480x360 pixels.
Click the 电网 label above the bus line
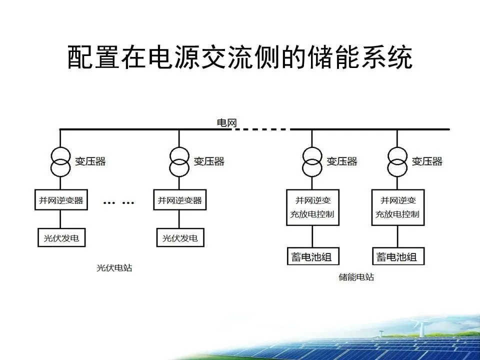226,123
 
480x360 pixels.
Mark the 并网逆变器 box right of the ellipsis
179,200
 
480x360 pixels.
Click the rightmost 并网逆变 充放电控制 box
397,207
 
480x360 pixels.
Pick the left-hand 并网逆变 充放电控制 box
312,207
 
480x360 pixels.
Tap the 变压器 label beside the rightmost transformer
427,161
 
